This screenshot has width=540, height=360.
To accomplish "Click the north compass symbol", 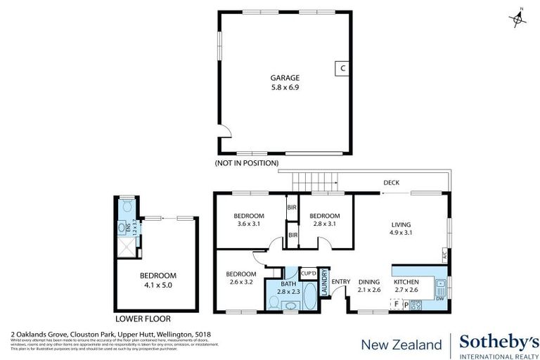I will pos(519,18).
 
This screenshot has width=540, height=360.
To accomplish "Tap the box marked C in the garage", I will pos(342,68).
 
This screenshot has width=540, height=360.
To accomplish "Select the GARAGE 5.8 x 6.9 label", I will pos(285,82).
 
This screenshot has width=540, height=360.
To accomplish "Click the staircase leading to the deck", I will pos(315,180).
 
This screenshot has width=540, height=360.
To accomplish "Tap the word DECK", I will pos(391,183).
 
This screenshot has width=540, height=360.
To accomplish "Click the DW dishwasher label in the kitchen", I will pos(439,297).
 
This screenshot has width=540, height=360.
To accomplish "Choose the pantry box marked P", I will pos(406,304).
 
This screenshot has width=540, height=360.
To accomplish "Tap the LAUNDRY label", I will pos(325,283).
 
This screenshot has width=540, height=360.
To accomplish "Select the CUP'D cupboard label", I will pos(308,273).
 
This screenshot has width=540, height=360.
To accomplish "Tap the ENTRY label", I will pos(341,282).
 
